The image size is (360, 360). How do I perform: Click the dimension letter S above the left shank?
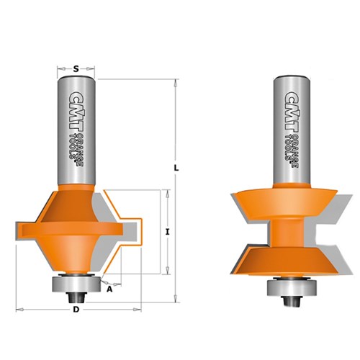[x=76, y=69]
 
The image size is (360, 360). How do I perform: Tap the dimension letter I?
[x=166, y=231]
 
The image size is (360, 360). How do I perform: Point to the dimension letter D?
[x=76, y=310]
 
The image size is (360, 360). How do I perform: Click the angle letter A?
[x=109, y=289]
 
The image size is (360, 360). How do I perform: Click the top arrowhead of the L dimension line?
[x=176, y=81]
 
